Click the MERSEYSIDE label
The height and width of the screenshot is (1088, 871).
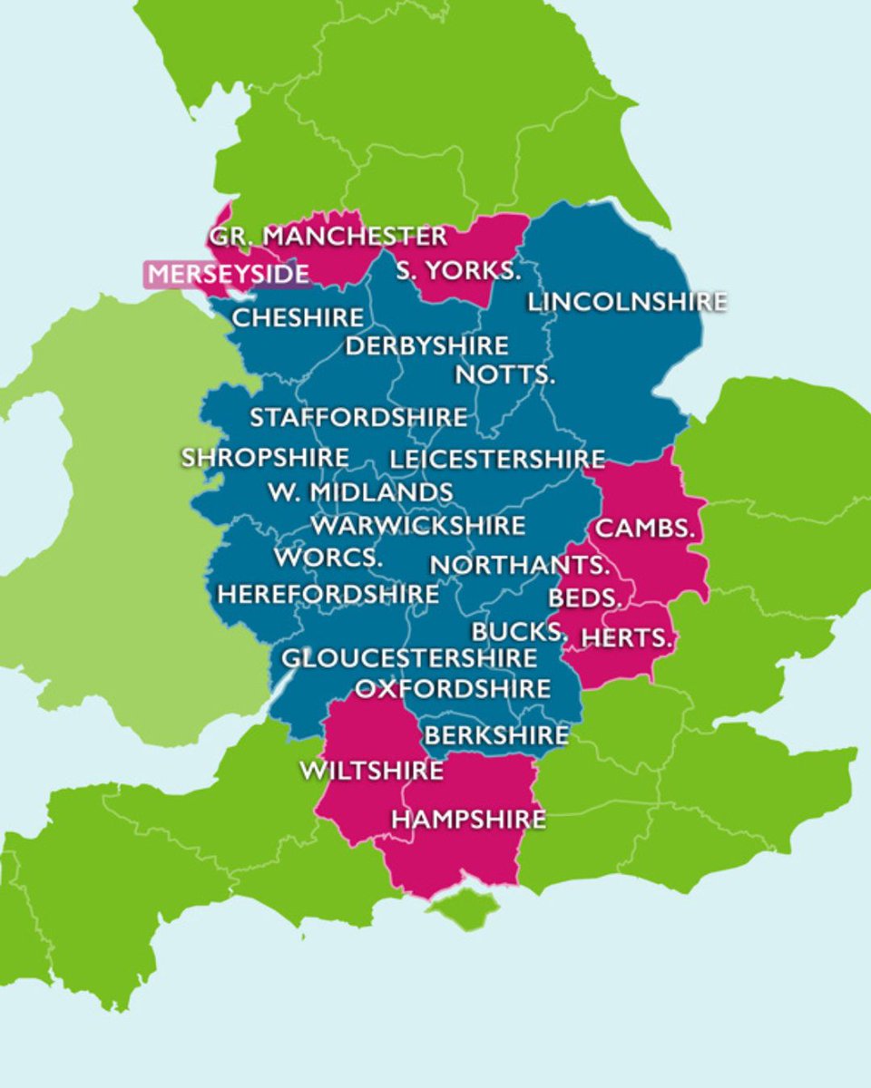coord(228,274)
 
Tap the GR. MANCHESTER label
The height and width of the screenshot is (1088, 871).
coord(328,237)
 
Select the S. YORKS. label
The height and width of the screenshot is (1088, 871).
coord(458,270)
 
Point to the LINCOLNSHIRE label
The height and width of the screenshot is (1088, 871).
coord(627,301)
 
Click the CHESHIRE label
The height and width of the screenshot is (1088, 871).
coord(298,318)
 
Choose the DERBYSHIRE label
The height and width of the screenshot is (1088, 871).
coord(426,346)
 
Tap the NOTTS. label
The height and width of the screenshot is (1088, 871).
coord(504,374)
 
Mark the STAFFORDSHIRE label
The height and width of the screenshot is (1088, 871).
coord(358,418)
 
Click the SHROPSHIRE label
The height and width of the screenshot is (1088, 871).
coord(265,458)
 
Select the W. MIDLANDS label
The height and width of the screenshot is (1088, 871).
coord(360,492)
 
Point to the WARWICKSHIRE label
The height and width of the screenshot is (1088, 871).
coord(417,526)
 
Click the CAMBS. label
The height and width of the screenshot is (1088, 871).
coord(645,529)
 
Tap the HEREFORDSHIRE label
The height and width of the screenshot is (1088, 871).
coord(328,595)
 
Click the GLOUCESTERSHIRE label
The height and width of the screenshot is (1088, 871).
coord(409,658)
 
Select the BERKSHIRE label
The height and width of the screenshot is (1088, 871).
coord(496,735)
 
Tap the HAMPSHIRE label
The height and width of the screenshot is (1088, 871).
coord(468,820)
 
